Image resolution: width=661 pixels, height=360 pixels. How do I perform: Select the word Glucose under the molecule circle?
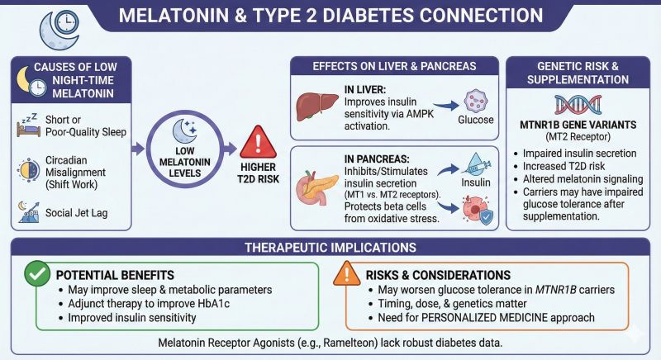tap(476, 120)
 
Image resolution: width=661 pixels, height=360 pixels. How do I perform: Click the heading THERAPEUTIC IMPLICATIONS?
tap(330, 247)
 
